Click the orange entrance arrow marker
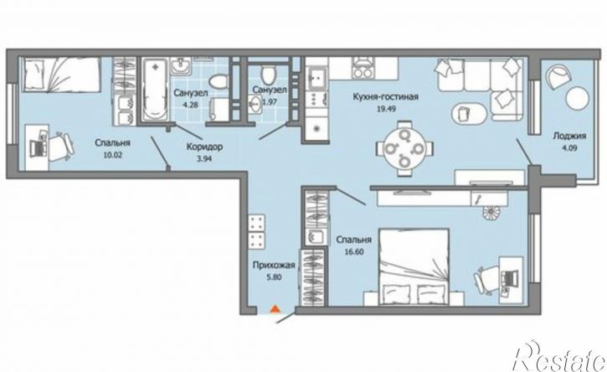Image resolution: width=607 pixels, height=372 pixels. tap(275, 309)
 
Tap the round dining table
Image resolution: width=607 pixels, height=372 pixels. tap(404, 148)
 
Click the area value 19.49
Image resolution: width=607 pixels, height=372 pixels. tap(386, 109)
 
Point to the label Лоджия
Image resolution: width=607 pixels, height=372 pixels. tap(569, 136)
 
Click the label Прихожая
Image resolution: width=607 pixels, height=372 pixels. tap(274, 266)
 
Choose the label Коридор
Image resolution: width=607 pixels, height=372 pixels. tap(204, 147)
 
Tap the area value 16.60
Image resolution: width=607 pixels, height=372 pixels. tap(354, 251)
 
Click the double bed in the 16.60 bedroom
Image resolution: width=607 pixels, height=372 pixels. tap(414, 266)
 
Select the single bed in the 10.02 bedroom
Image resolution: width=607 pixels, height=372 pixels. tap(61, 75)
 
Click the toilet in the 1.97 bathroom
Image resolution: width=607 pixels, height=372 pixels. tap(268, 74)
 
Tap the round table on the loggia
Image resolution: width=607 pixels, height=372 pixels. tap(577, 97)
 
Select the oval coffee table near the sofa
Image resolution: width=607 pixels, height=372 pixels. tap(468, 113)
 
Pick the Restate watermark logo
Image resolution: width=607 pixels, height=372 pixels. tap(558, 357)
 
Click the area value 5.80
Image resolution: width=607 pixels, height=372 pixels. tap(274, 277)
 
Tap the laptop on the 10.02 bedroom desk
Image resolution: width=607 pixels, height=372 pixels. tap(39, 146)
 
